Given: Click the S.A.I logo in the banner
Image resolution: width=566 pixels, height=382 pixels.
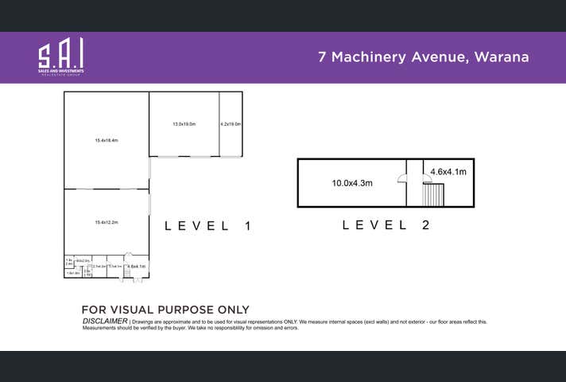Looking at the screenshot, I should click(60, 57).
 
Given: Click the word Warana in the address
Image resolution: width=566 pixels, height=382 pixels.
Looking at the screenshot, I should click(498, 57).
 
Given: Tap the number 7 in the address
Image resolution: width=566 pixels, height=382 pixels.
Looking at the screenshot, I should click(322, 57).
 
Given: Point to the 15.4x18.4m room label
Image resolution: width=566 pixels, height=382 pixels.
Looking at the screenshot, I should click(106, 140).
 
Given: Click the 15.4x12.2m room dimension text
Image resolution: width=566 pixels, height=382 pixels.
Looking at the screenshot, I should click(106, 222).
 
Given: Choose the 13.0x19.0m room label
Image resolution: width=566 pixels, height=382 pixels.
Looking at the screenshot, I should click(184, 124).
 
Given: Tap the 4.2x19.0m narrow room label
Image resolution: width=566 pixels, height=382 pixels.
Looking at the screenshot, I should click(231, 124).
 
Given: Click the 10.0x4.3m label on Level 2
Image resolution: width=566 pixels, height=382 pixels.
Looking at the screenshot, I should click(352, 183).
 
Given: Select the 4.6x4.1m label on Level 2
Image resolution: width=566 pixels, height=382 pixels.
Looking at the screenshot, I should click(448, 171).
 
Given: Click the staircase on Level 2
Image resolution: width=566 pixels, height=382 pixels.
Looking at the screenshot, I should click(432, 195).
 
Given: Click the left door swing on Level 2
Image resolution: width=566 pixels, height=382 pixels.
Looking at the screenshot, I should click(403, 179).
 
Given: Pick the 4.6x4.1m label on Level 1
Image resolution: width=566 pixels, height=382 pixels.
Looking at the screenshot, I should click(137, 266).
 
